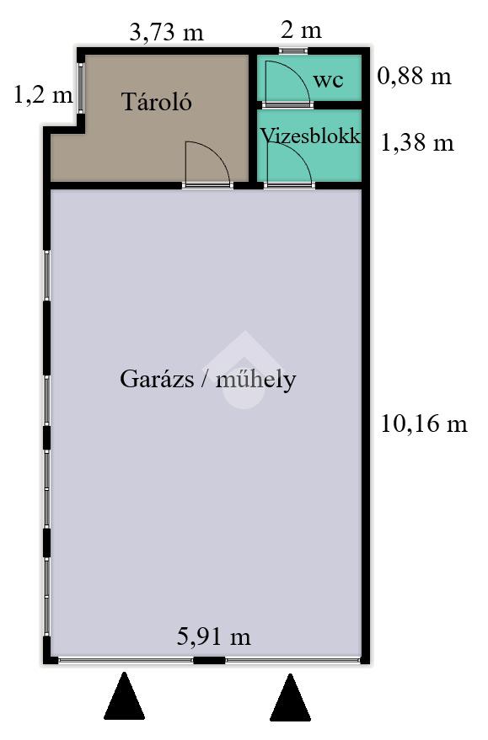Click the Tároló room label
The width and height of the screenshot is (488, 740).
coord(157,102)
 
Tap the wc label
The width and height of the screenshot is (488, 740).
coord(328,80)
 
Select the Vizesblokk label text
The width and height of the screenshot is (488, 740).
coord(310,136)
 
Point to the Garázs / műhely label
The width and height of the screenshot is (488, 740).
coord(208,379)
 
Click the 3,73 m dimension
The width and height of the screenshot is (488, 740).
coord(166,33)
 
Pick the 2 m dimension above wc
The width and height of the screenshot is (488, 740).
coord(301,30)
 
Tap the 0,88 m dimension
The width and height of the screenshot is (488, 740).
coord(415,76)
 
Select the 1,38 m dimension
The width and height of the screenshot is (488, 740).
coord(417,142)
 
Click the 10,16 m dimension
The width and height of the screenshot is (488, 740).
coord(424,423)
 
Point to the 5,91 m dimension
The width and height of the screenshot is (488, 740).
coord(213,636)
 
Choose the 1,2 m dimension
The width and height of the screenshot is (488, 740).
coord(43,95)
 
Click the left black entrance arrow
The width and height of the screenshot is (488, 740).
coord(124,695)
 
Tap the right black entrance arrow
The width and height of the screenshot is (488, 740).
coord(290,697)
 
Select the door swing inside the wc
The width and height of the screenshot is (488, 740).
coord(297,72)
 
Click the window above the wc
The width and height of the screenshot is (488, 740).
coord(293,51)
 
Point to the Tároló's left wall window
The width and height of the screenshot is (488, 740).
coord(81,88)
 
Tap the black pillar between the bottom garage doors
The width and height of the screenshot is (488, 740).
coord(209,660)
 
